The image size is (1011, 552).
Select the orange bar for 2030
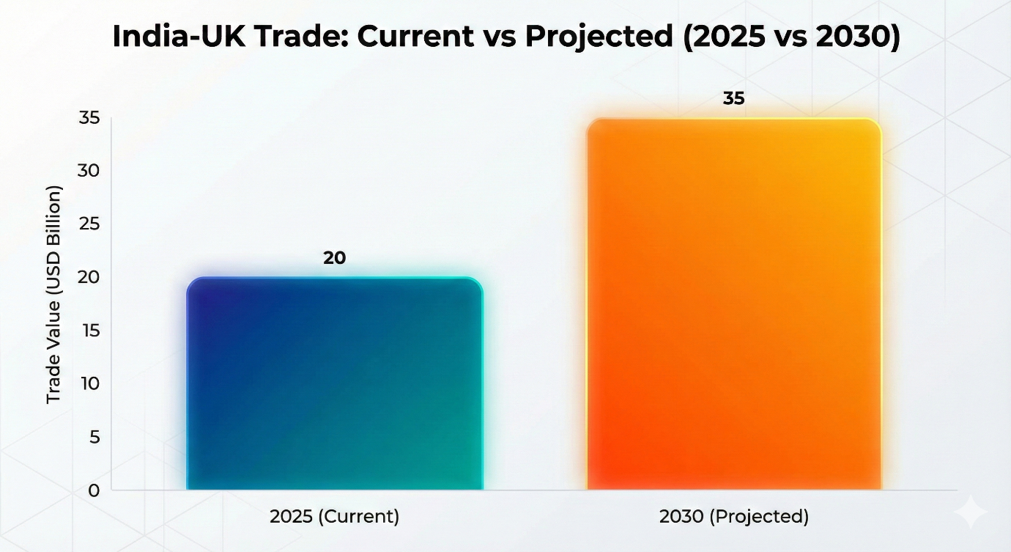point(734,304)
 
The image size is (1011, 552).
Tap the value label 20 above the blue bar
point(334,258)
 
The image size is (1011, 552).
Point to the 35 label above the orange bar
point(733,98)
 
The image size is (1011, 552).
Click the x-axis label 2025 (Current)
point(334,516)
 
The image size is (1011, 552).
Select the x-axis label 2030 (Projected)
point(734,516)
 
